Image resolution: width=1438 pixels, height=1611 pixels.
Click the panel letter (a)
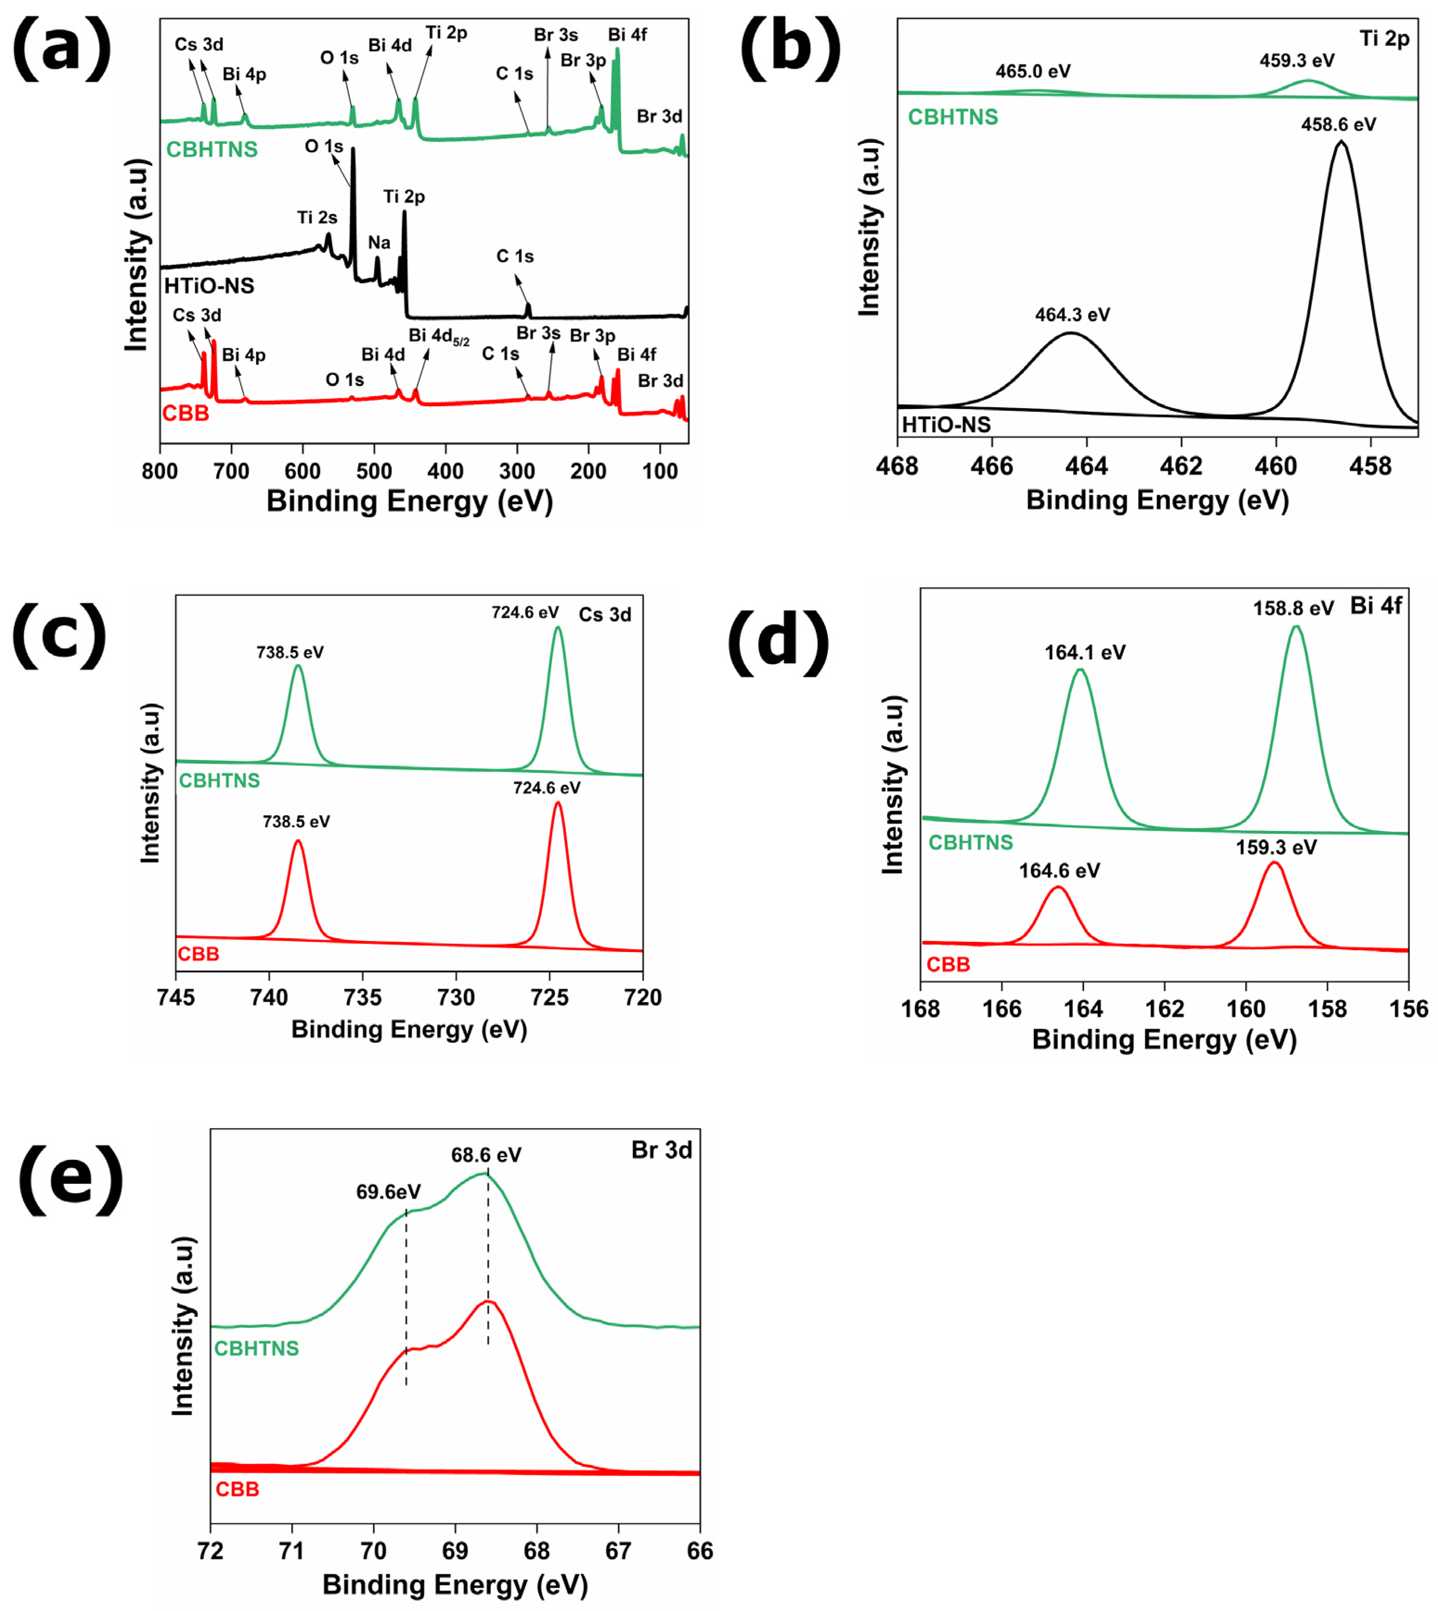(62, 49)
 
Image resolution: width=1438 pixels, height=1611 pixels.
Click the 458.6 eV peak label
(1338, 125)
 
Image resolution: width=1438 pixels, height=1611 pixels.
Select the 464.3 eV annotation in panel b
(1072, 315)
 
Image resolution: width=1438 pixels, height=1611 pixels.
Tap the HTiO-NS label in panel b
(946, 425)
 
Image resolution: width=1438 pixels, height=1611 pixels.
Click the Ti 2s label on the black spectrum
(317, 217)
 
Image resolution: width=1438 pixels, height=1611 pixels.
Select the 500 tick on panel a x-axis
(374, 472)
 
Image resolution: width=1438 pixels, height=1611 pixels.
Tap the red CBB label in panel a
(186, 413)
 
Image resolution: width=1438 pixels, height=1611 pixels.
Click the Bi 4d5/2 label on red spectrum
(438, 336)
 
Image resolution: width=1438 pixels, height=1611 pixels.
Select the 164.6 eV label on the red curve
(1059, 870)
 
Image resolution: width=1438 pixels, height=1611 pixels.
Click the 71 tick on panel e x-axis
(291, 1551)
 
